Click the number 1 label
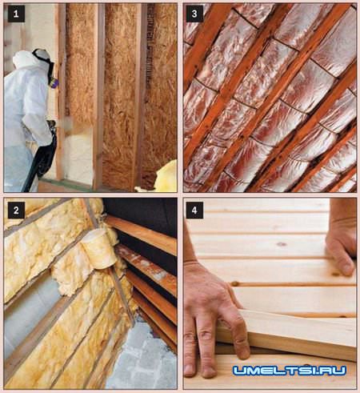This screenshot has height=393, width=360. (16, 14)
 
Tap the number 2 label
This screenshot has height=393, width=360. (16, 210)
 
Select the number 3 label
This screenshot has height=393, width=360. (194, 14)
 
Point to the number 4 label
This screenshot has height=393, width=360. (194, 210)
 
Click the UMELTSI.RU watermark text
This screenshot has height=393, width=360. (290, 371)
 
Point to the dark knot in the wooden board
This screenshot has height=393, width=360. (282, 244)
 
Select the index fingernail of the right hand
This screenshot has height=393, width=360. (347, 270)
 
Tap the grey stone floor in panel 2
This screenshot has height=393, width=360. (144, 358)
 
